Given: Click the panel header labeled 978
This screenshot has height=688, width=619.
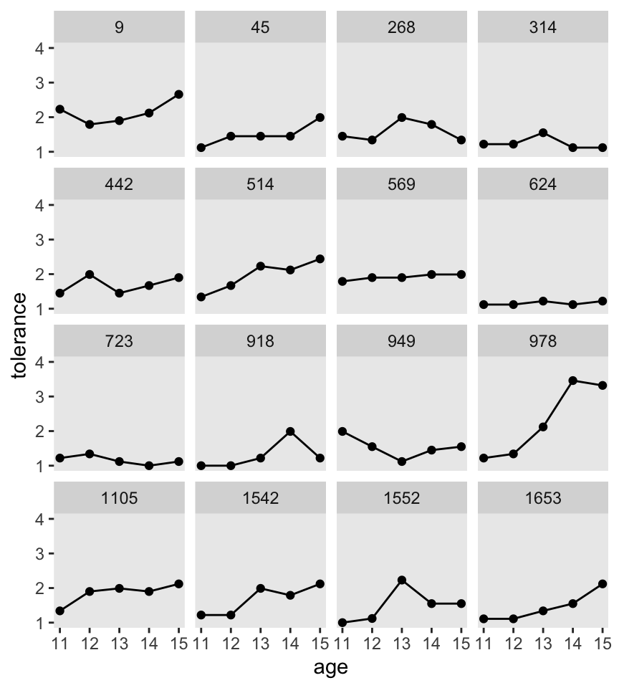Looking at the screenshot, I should tap(542, 341).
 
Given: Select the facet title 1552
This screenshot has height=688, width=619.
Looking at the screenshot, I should tap(401, 498).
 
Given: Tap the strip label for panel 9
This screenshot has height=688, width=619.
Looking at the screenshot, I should tap(119, 28).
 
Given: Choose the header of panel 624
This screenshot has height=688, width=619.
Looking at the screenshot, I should tap(542, 185).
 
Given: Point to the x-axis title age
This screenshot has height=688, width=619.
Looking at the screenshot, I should tap(331, 667).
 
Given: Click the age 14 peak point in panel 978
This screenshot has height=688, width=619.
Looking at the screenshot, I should tap(572, 381).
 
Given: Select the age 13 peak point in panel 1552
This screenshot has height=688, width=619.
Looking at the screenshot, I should tap(401, 580).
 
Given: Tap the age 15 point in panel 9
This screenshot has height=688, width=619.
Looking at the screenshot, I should tap(179, 94).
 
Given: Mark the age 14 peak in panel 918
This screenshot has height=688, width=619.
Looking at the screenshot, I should tap(290, 431).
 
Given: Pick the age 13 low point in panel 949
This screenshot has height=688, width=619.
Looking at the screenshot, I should tap(401, 462).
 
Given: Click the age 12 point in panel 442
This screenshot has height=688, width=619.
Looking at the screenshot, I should tap(89, 274).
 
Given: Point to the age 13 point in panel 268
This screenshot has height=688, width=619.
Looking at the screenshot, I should tap(401, 118).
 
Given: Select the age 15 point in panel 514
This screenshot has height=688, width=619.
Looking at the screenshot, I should tap(320, 259).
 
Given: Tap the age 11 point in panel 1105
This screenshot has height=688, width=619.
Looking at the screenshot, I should tap(59, 611).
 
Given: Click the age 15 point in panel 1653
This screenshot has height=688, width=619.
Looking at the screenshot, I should tap(602, 584).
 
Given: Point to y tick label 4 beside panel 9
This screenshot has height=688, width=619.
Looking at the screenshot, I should tap(42, 49).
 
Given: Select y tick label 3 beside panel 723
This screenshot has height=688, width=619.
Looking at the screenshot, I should tap(42, 396).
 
